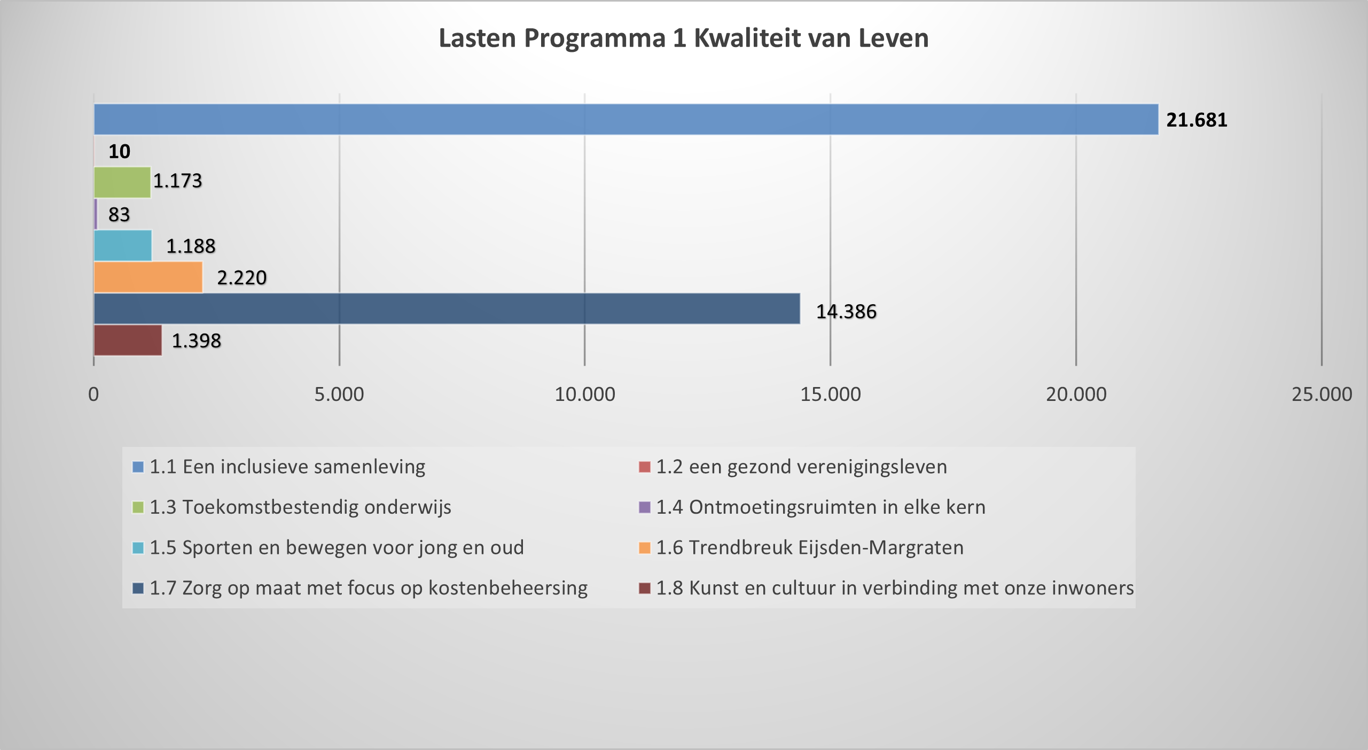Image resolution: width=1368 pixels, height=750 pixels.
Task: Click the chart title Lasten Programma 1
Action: coord(683,38)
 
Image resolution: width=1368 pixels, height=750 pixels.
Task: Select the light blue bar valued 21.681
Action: coord(626,119)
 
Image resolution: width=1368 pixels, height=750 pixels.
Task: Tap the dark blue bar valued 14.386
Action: coord(447,308)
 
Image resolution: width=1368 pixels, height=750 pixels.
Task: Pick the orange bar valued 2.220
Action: coord(148,277)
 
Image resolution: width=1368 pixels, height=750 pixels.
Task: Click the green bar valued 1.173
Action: coord(122,182)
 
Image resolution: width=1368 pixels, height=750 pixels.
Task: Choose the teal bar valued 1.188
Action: coord(122,245)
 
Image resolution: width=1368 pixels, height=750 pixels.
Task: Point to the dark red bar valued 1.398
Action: coord(128,340)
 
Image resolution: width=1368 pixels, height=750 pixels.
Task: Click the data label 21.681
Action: coord(1197,120)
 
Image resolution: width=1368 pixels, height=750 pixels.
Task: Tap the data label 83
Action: coord(119,215)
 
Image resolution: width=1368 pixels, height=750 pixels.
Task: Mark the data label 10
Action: coord(119,152)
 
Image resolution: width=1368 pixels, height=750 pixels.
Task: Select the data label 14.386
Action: coord(846,312)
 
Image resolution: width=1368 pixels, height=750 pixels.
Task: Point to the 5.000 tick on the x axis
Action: coord(339,395)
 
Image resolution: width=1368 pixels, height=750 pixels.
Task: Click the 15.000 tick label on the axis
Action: coord(830,395)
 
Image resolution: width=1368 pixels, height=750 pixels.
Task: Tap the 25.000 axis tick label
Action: coord(1322,395)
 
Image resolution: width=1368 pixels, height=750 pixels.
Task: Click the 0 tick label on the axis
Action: coord(93,395)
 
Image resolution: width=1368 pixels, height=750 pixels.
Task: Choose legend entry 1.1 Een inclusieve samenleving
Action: coord(287,467)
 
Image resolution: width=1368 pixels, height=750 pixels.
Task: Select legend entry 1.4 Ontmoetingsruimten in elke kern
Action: coord(820,507)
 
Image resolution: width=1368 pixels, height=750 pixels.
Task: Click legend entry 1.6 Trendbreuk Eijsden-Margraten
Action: coord(810,548)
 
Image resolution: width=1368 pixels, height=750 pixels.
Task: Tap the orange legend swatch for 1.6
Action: coord(645,548)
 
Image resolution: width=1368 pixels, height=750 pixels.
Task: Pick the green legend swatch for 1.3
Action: coord(138,507)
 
